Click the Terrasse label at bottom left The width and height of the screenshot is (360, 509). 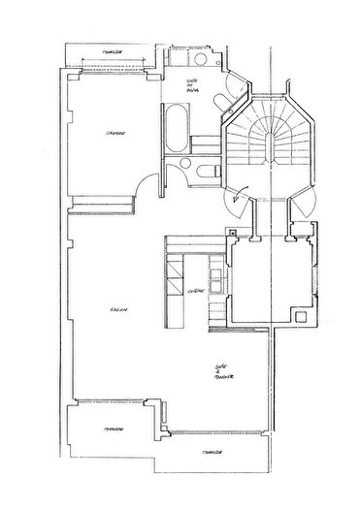click(x=95, y=429)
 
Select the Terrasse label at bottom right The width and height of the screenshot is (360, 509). click(x=213, y=454)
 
